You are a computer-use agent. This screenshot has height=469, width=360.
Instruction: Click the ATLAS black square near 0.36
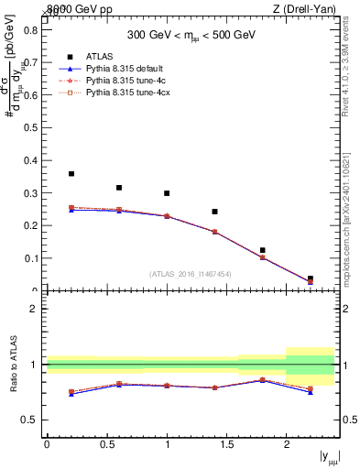(71, 173)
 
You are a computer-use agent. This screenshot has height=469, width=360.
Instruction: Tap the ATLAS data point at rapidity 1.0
(167, 193)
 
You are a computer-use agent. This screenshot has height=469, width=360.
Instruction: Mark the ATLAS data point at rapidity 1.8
(262, 250)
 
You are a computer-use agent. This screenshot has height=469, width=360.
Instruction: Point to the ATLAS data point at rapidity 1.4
(214, 212)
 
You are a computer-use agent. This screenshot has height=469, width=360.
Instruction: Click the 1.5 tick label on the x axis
(226, 445)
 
